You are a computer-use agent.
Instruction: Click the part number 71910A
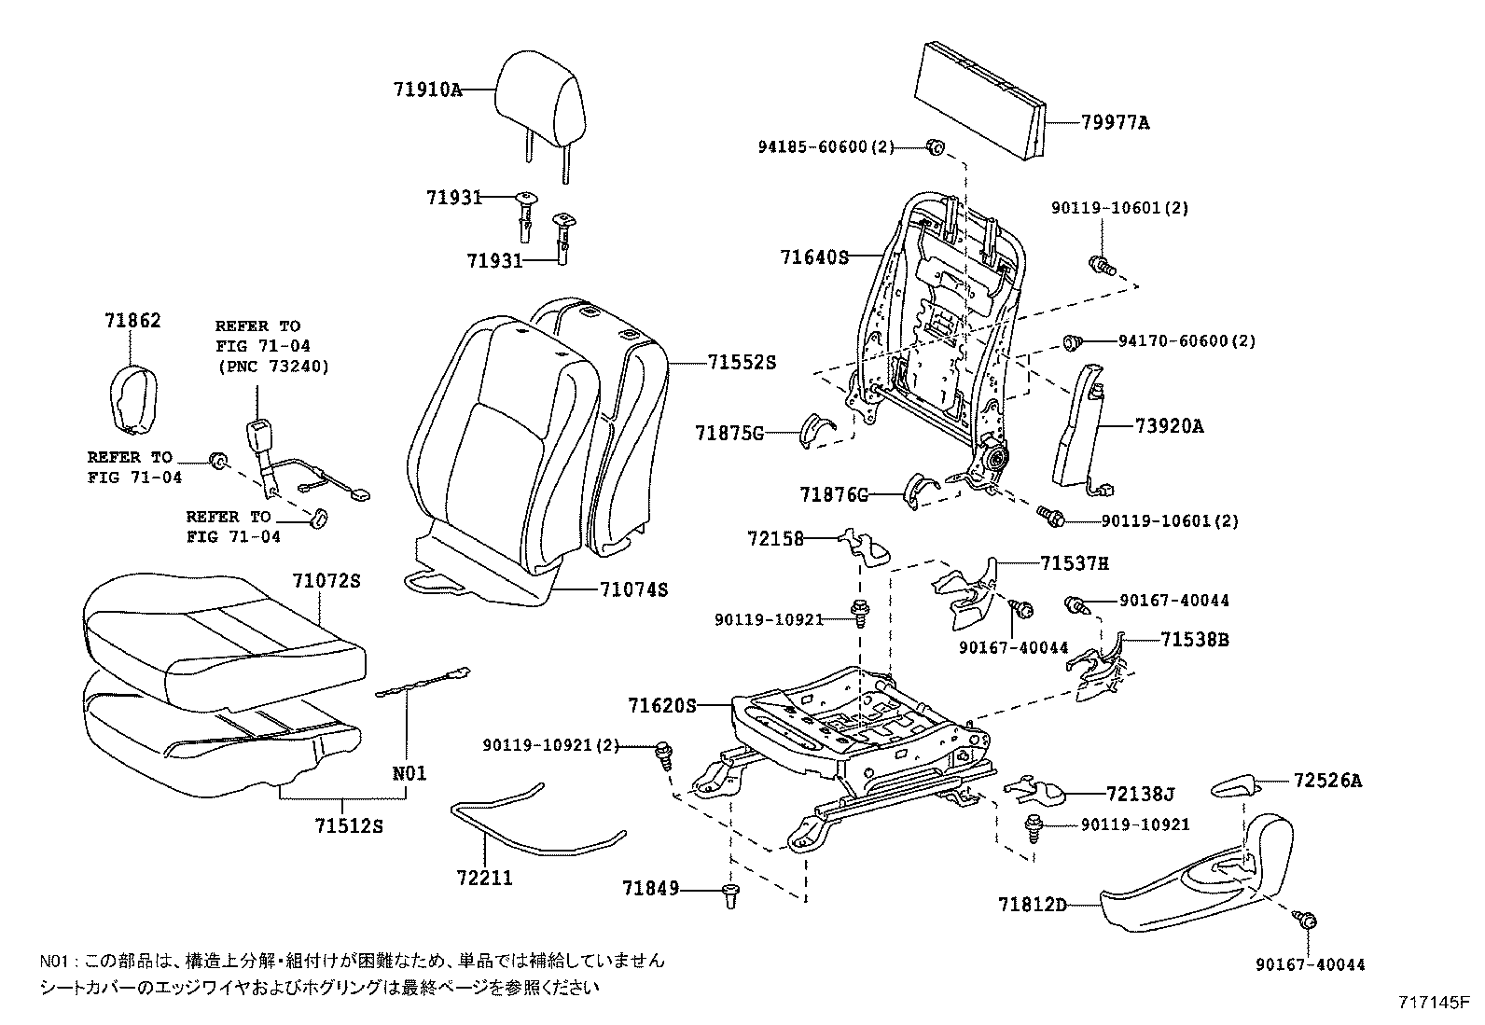[x=427, y=90]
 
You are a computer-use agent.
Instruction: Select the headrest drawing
[x=539, y=97]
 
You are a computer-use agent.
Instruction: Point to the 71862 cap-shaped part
[x=132, y=399]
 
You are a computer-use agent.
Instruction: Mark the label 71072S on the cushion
[x=325, y=580]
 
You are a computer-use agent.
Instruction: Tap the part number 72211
[x=484, y=878]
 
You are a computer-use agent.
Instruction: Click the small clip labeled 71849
[x=730, y=896]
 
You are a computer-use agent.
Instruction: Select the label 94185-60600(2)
[x=826, y=146]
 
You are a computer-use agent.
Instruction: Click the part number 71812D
[x=1032, y=904]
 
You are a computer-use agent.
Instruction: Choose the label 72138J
[x=1139, y=794]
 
